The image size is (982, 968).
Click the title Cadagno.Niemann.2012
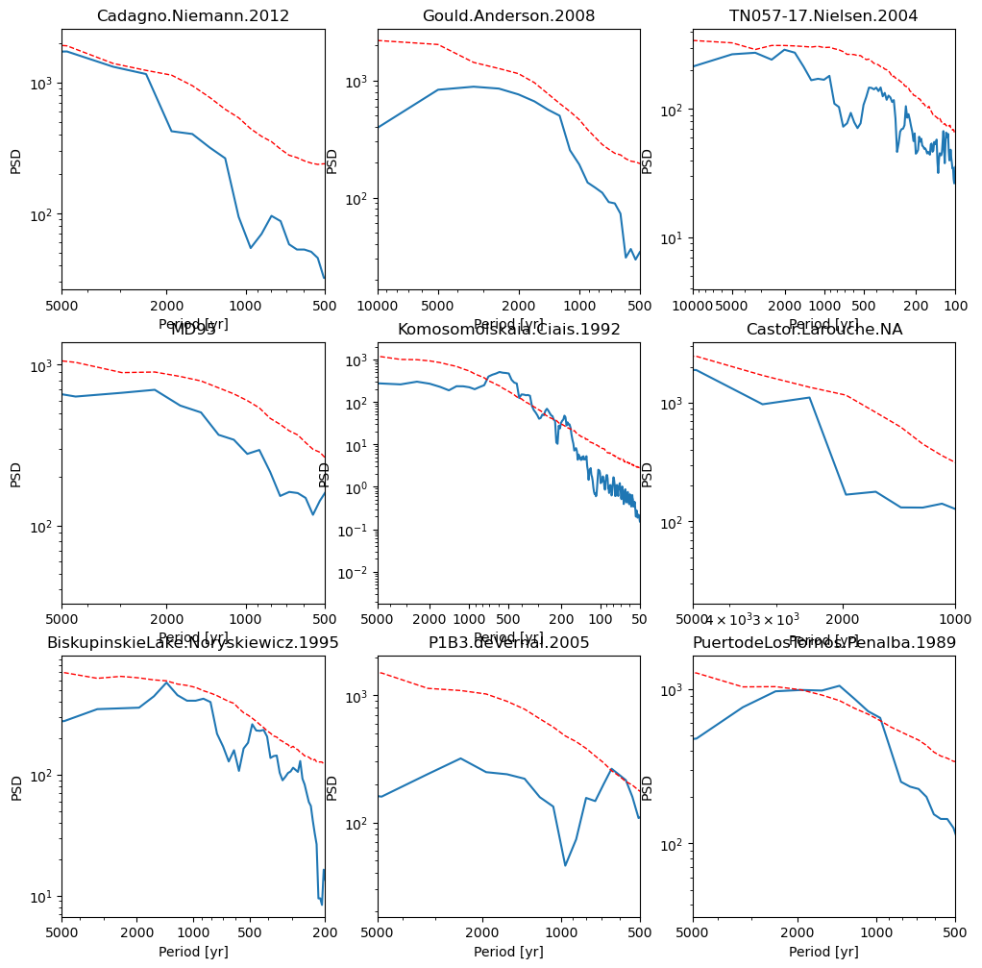193,15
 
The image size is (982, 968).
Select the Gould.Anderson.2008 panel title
508,15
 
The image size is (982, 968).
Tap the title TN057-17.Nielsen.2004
823,15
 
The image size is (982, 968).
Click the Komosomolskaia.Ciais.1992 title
508,330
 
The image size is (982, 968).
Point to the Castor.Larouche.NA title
823,330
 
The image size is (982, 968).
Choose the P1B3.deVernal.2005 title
508,642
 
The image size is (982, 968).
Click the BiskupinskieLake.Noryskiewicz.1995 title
193,642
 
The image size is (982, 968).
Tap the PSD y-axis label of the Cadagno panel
15,160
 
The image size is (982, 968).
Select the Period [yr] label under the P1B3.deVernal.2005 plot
508,952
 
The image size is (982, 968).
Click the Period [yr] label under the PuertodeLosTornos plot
823,952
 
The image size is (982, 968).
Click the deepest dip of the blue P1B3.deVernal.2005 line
565,865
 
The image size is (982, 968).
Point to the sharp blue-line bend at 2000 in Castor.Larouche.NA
846,494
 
